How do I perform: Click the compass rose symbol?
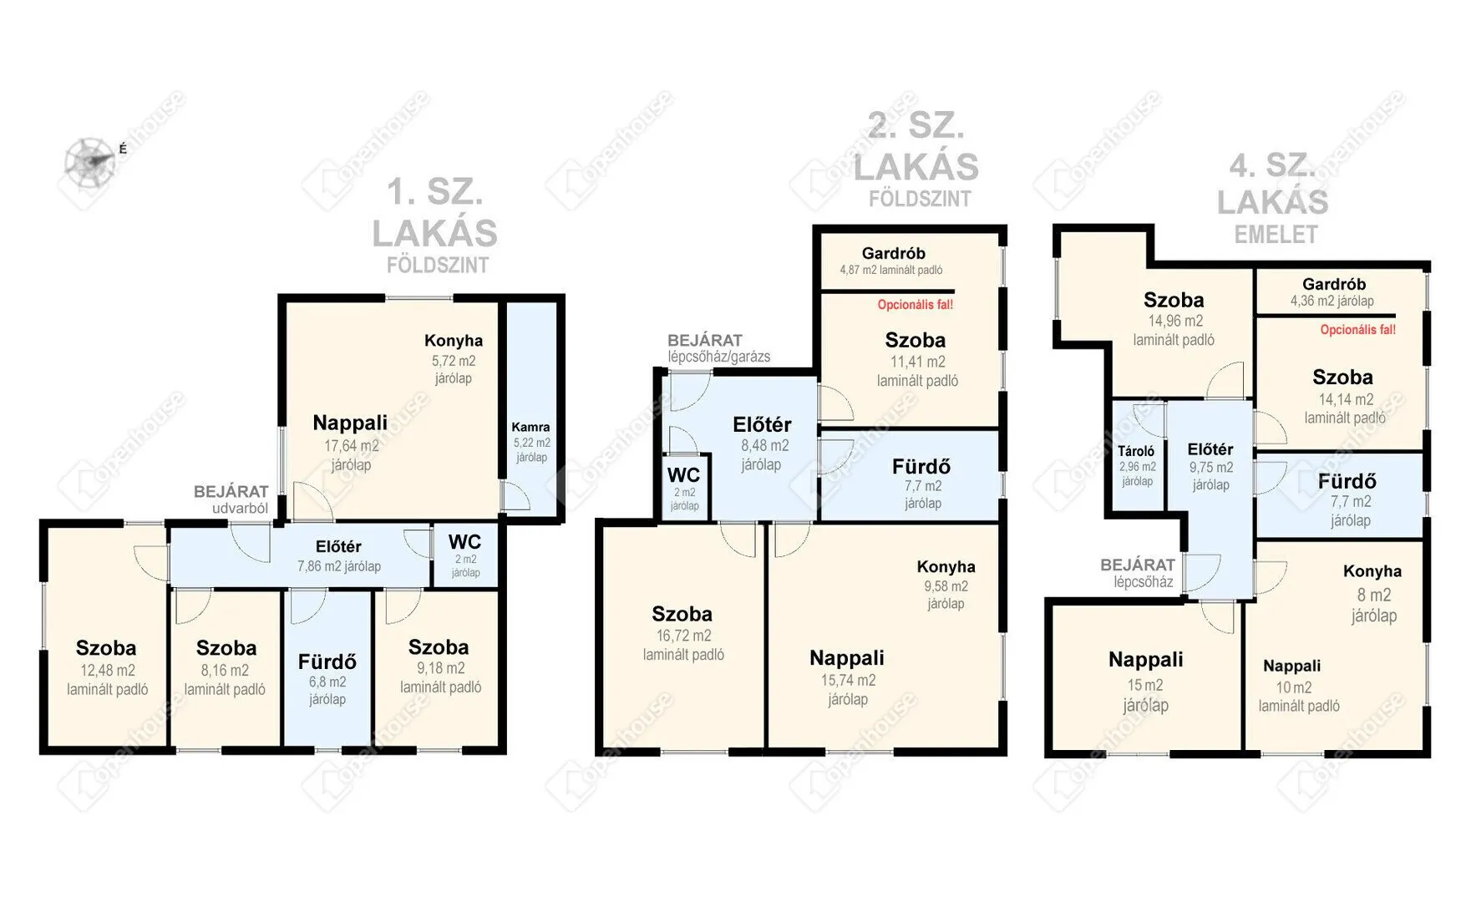pyautogui.click(x=90, y=160)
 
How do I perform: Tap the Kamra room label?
pyautogui.click(x=530, y=427)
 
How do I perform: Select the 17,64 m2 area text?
pyautogui.click(x=351, y=446)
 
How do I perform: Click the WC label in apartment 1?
pyautogui.click(x=464, y=541)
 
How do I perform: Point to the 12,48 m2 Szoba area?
pyautogui.click(x=107, y=670)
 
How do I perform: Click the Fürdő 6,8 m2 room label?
pyautogui.click(x=327, y=662)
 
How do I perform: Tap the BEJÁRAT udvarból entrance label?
pyautogui.click(x=231, y=499)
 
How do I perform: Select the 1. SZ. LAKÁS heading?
pyautogui.click(x=434, y=214)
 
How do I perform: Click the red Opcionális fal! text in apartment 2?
pyautogui.click(x=915, y=305)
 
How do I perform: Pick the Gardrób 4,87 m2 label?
pyautogui.click(x=893, y=253)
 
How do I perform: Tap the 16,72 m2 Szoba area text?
pyautogui.click(x=683, y=636)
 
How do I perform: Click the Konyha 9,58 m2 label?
pyautogui.click(x=946, y=567)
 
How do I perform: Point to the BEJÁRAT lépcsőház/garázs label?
pyautogui.click(x=718, y=347)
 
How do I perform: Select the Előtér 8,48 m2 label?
pyautogui.click(x=762, y=425)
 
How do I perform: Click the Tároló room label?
pyautogui.click(x=1136, y=451)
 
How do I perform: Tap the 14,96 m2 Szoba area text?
pyautogui.click(x=1174, y=321)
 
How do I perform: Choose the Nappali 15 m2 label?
pyautogui.click(x=1145, y=660)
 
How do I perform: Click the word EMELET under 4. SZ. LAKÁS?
pyautogui.click(x=1276, y=236)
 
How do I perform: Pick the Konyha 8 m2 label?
pyautogui.click(x=1372, y=572)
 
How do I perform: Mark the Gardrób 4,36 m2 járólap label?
pyautogui.click(x=1333, y=285)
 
